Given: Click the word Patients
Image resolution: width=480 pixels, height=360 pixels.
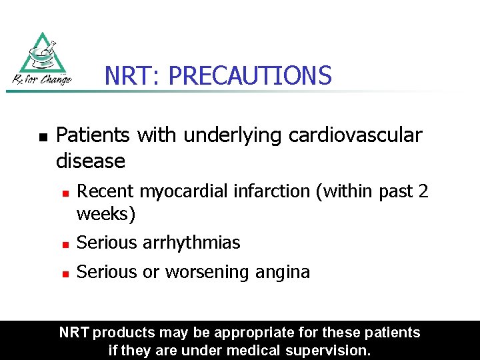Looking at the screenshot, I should pyautogui.click(x=94, y=135).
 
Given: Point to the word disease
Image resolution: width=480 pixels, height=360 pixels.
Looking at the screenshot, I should pyautogui.click(x=91, y=161).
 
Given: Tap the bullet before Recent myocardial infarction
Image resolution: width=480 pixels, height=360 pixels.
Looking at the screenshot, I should pyautogui.click(x=65, y=192).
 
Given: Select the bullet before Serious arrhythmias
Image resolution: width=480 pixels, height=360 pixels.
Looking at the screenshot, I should pyautogui.click(x=65, y=244).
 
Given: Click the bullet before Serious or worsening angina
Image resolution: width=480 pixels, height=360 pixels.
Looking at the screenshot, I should pyautogui.click(x=65, y=273).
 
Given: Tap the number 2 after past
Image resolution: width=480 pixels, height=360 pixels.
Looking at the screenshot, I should pyautogui.click(x=423, y=191).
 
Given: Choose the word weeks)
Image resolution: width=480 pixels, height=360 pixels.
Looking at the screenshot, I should pyautogui.click(x=106, y=215).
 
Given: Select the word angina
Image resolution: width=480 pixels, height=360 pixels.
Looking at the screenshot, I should pyautogui.click(x=283, y=272).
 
